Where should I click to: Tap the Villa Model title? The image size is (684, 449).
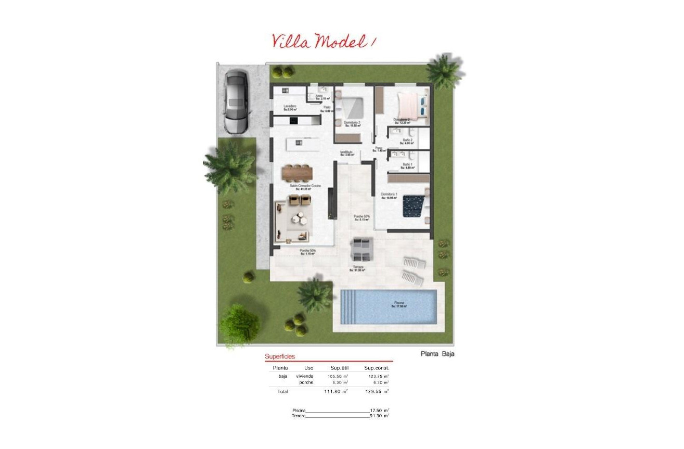322,41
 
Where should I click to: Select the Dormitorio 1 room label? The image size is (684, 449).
389,195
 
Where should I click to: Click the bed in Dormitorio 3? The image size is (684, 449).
353,107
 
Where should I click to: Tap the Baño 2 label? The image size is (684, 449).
407,140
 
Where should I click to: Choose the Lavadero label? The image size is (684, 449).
290,107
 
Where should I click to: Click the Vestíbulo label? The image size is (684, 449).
347,152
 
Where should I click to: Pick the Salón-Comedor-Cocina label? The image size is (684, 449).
305,186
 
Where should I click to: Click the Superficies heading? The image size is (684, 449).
279,357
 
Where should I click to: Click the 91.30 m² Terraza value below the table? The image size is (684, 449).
379,416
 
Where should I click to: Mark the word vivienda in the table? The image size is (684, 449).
305,376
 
